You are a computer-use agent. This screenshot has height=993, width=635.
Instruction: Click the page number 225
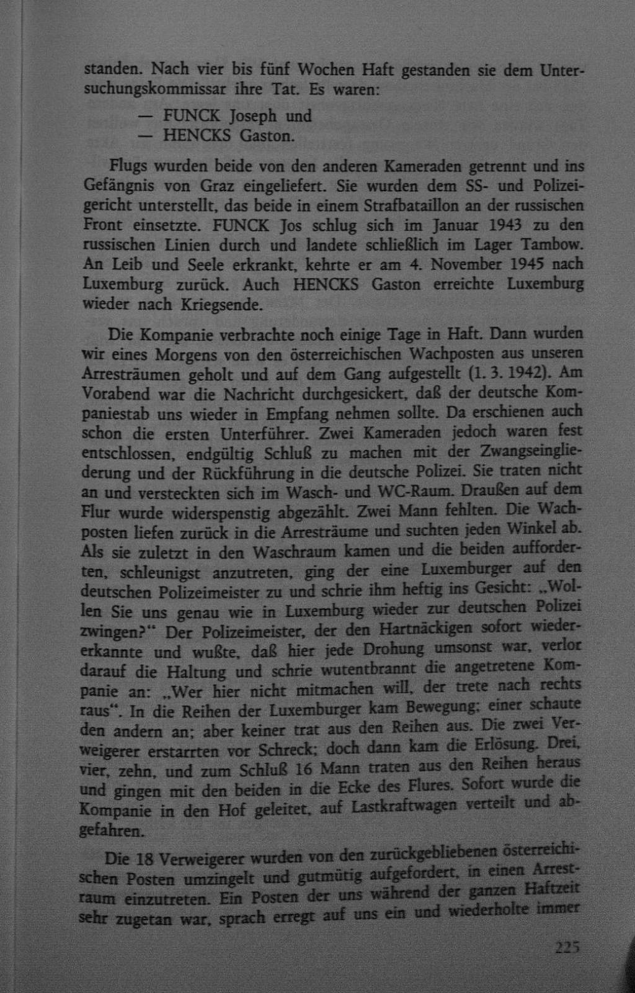[566, 948]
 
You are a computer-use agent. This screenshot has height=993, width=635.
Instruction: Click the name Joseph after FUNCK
[253, 116]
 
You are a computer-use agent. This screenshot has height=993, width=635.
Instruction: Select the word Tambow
[554, 244]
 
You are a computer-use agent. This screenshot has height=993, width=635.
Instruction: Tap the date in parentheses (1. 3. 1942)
[506, 374]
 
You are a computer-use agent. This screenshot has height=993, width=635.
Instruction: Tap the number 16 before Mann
[303, 770]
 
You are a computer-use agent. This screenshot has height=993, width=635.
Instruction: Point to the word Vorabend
[116, 394]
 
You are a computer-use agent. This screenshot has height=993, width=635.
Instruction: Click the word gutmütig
[330, 877]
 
